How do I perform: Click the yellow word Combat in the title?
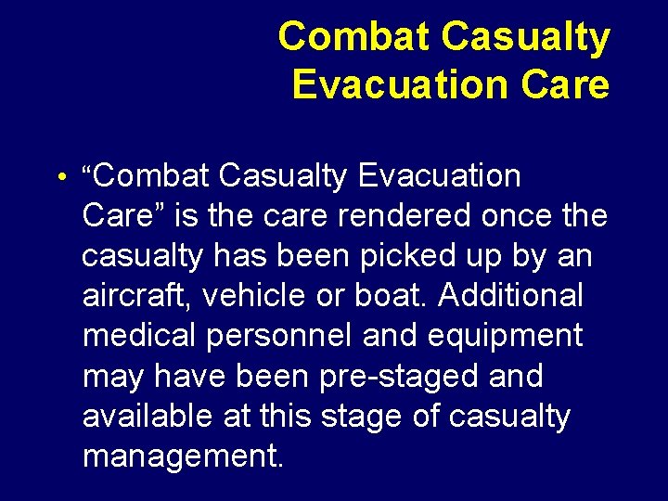click(x=354, y=38)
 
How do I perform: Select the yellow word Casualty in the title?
click(x=526, y=38)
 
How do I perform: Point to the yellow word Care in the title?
click(x=566, y=84)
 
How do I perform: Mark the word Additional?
click(x=511, y=296)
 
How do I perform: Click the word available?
click(x=148, y=417)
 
